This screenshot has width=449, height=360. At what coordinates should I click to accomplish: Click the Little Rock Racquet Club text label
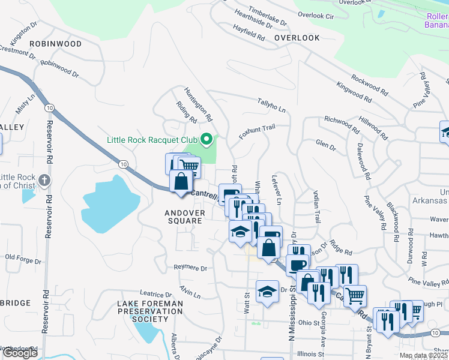pos(152,140)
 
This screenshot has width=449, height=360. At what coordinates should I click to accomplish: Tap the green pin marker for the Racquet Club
pos(207,140)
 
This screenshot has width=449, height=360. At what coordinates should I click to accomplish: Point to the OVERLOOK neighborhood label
pos(297,38)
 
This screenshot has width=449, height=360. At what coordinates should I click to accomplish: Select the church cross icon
pos(44,180)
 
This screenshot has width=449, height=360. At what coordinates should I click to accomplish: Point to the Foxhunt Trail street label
pos(256,131)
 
